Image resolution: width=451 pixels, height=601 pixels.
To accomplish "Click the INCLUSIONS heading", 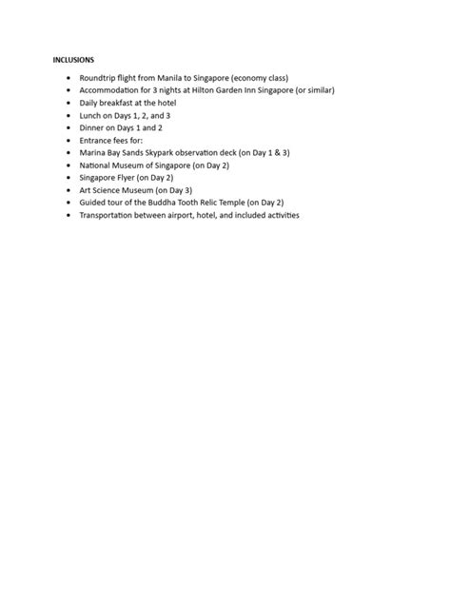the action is tap(73, 59).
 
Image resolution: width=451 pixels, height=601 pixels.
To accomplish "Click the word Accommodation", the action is tap(112, 89).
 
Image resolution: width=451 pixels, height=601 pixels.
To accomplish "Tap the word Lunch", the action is tap(91, 114).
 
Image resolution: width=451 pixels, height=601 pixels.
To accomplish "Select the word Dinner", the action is tap(93, 126).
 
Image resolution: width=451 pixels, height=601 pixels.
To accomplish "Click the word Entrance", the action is tap(97, 139).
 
